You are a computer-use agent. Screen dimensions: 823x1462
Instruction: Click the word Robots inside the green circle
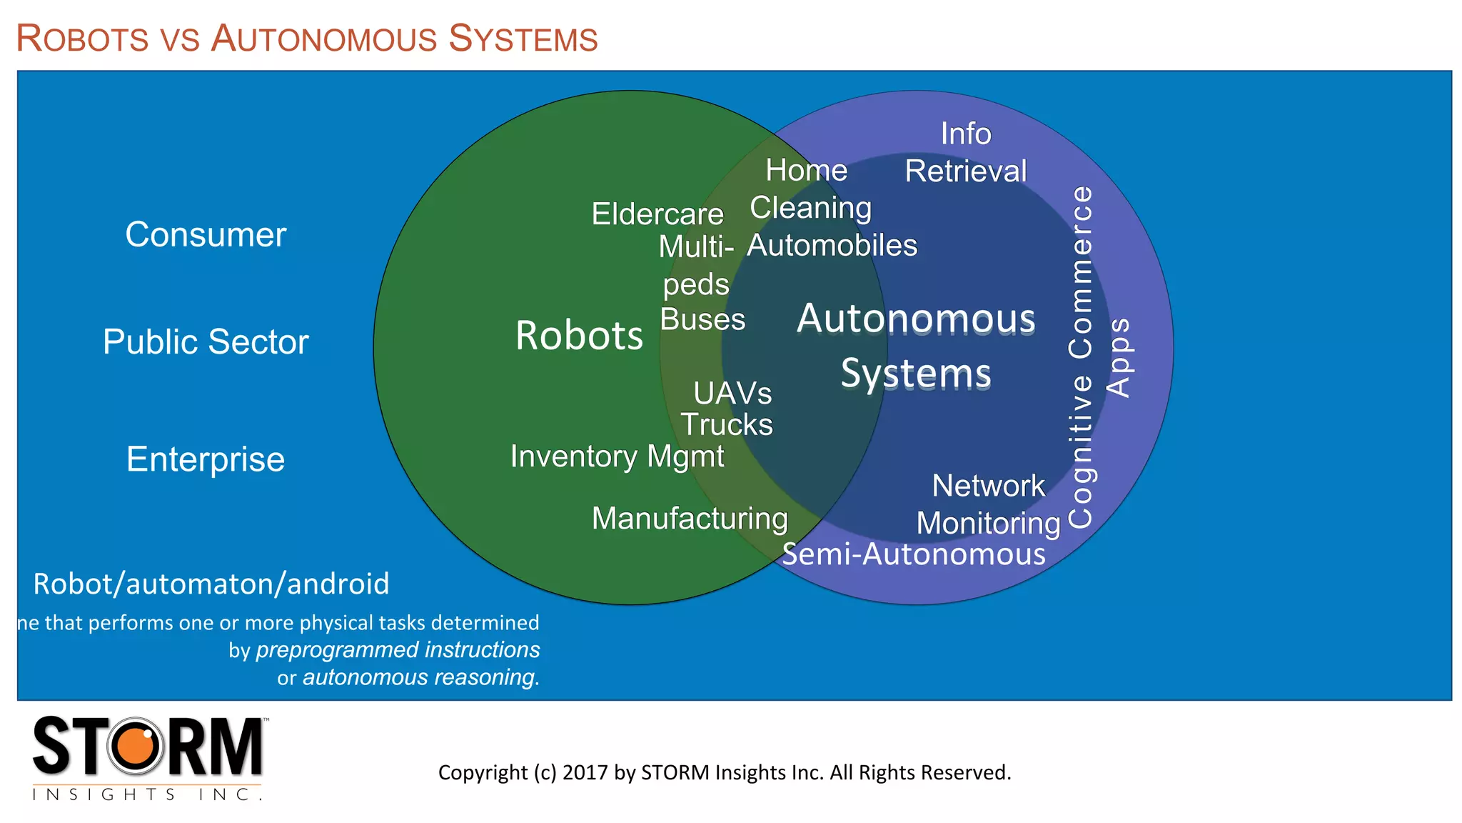579,336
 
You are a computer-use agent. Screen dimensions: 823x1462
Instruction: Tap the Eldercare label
657,214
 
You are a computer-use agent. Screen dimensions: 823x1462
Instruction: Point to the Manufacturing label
690,519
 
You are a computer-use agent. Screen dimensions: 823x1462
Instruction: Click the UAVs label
732,394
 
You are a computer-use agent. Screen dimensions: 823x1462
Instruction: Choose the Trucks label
727,425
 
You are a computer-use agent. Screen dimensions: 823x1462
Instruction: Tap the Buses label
702,320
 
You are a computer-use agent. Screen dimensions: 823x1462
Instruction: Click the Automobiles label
832,246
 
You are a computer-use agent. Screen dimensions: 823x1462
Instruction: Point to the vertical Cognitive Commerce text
1081,357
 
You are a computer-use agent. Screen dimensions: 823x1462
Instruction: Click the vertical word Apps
1119,357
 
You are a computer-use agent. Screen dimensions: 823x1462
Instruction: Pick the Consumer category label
206,235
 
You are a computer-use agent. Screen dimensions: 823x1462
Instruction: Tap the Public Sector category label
206,342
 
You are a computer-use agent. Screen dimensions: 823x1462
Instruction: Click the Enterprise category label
206,459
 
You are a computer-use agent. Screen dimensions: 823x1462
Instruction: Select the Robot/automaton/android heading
211,584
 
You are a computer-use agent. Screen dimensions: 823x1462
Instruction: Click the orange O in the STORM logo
136,747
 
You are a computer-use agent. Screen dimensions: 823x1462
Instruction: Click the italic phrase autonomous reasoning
420,677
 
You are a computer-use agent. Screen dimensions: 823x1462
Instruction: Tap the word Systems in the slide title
523,39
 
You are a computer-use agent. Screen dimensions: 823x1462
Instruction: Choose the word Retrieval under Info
966,171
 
